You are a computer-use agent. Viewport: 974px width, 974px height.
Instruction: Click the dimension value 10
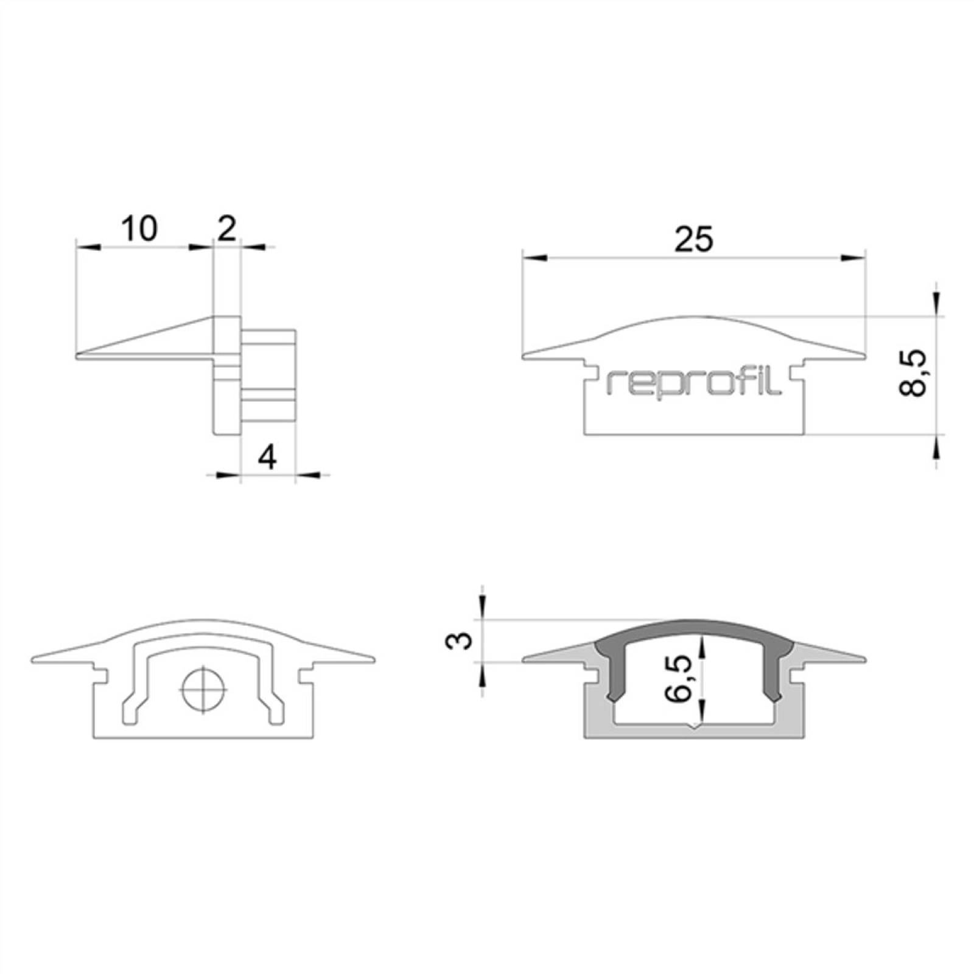point(139,228)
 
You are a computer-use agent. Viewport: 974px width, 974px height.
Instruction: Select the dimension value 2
point(226,228)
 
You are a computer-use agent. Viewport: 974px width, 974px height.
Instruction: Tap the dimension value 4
point(267,457)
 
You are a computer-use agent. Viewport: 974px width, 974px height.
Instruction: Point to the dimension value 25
point(693,239)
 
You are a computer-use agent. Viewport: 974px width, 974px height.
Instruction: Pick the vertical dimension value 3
point(463,640)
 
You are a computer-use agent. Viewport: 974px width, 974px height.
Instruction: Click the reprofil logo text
point(694,382)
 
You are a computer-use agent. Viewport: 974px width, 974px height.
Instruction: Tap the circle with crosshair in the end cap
point(203,690)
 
